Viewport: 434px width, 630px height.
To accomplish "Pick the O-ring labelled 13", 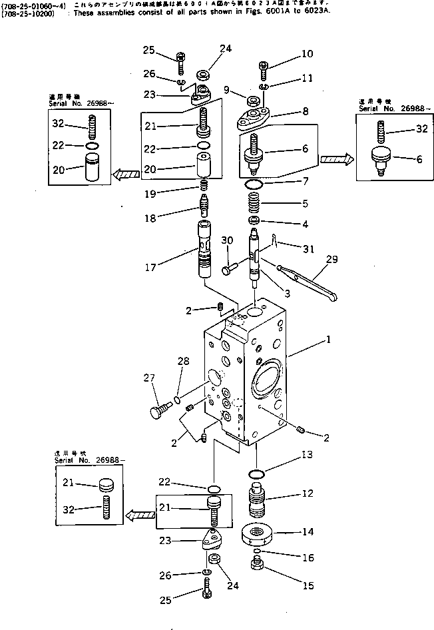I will (256, 473).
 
